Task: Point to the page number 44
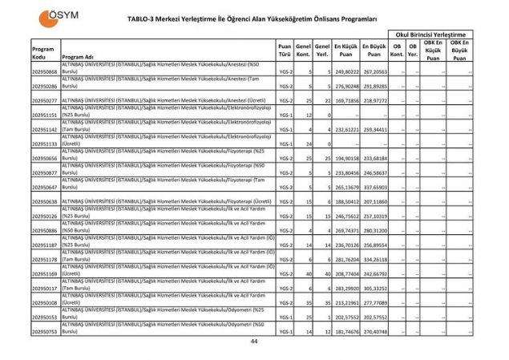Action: pos(253,342)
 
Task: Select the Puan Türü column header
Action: pos(284,51)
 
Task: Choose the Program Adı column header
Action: pos(79,58)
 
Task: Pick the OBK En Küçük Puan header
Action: pos(433,51)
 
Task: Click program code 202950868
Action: pos(45,72)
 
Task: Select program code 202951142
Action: pos(45,129)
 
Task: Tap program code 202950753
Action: pos(45,330)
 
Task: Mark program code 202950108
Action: pos(45,304)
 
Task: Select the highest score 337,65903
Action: pos(374,187)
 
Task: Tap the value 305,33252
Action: pos(374,288)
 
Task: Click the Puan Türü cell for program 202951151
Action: pos(284,115)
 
